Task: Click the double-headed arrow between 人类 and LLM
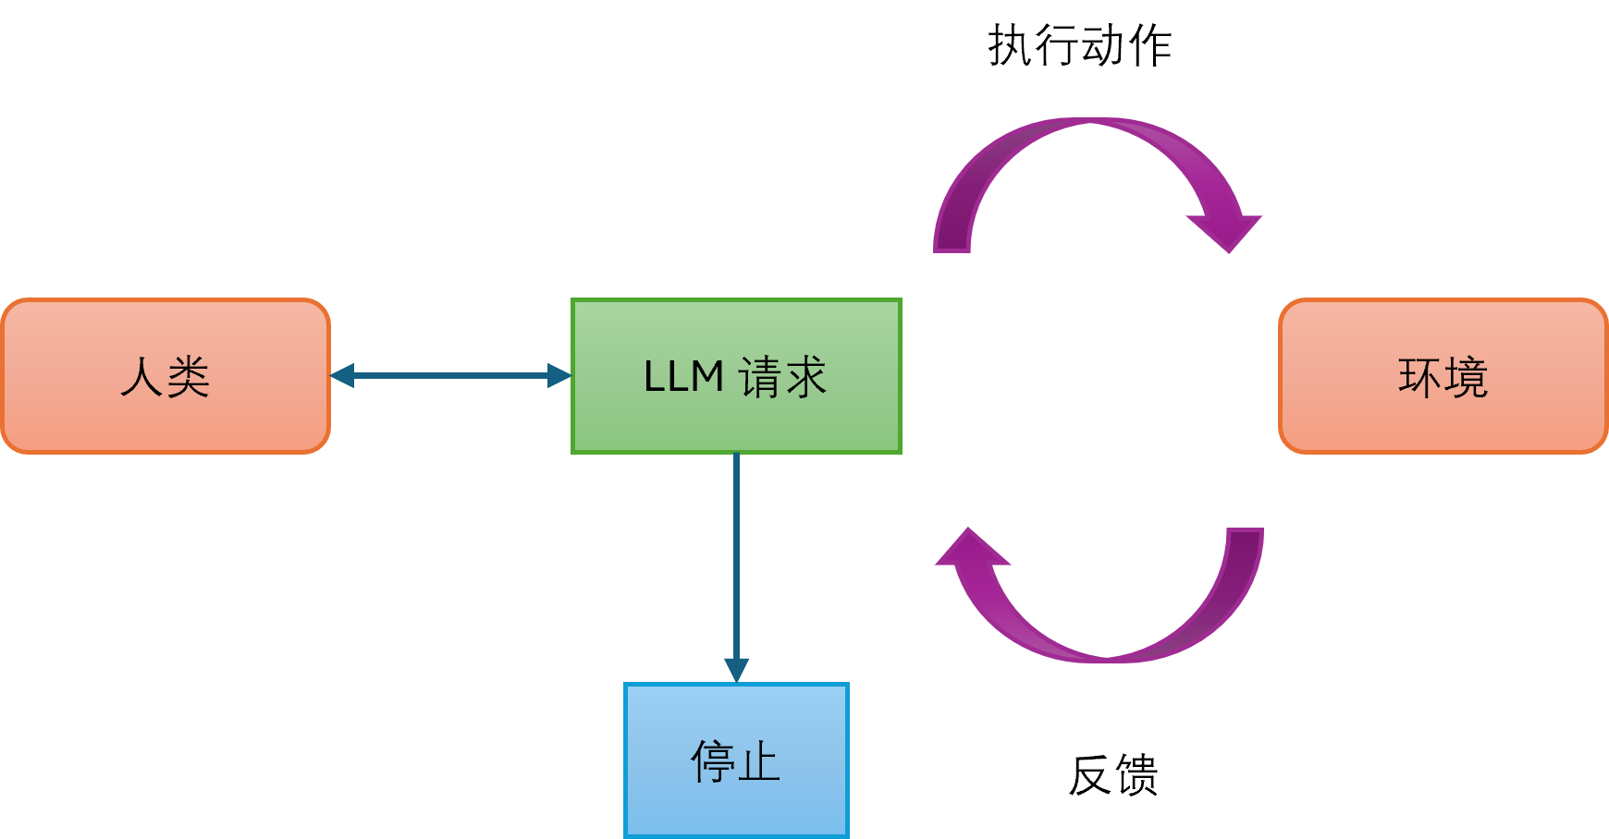(x=451, y=375)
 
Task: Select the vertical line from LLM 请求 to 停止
(x=736, y=554)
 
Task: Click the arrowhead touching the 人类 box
(x=342, y=375)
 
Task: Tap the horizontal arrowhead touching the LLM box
(x=559, y=375)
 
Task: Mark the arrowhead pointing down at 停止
(x=736, y=670)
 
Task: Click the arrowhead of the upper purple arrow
(x=1226, y=231)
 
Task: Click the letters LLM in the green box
(x=683, y=377)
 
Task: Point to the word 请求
(x=782, y=377)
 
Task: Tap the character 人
(x=141, y=377)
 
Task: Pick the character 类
(x=189, y=377)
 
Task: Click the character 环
(x=1419, y=377)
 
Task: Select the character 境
(x=1467, y=377)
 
